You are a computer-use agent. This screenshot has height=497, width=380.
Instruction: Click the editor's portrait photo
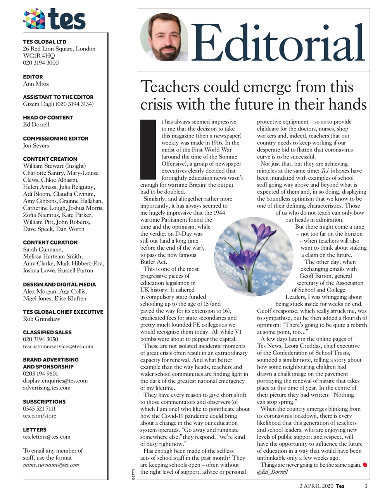(164, 37)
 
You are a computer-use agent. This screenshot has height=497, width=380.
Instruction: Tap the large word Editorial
(278, 44)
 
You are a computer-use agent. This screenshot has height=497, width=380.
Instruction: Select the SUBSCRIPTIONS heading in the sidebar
(44, 401)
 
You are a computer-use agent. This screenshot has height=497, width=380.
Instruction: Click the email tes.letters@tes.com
(47, 436)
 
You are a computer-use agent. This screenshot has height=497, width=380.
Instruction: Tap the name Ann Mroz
(36, 83)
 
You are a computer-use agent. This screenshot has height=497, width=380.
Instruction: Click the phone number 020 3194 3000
(41, 63)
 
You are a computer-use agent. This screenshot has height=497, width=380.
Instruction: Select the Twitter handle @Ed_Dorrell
(273, 472)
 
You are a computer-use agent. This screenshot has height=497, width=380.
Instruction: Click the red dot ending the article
(364, 465)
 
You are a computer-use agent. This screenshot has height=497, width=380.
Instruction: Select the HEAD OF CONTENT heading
(48, 117)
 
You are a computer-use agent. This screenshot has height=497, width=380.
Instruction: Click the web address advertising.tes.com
(47, 388)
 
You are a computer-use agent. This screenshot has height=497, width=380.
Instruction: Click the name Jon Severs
(36, 145)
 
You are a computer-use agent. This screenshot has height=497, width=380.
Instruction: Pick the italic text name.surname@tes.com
(51, 464)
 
